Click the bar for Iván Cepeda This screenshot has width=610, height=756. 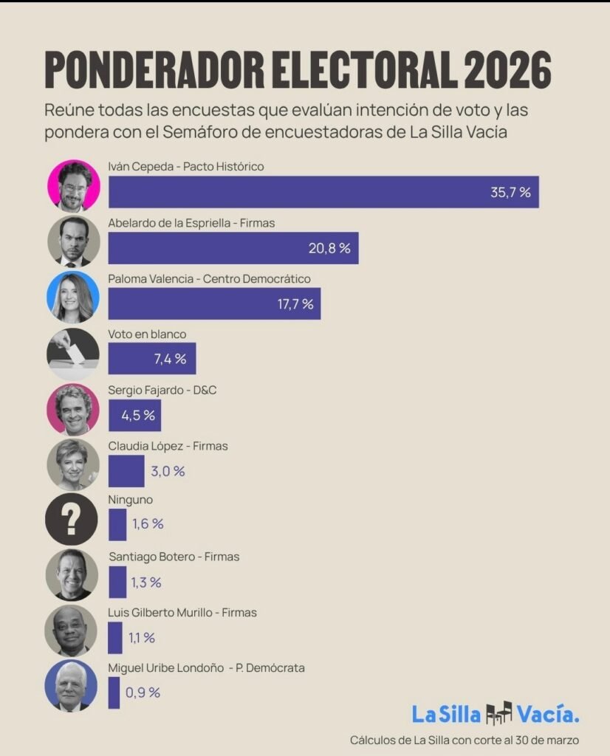click(323, 192)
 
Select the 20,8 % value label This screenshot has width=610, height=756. click(329, 248)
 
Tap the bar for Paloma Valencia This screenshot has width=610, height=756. click(214, 303)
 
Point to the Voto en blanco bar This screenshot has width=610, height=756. click(151, 359)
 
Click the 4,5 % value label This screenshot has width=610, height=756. click(138, 415)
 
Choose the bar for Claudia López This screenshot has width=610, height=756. click(126, 470)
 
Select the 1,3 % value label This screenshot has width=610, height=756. click(145, 583)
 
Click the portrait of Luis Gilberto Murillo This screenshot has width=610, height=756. click(72, 630)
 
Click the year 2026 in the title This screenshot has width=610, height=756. click(507, 71)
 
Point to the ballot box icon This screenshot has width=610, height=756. click(72, 353)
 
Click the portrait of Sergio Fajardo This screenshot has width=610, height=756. click(72, 408)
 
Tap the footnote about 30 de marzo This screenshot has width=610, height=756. click(465, 739)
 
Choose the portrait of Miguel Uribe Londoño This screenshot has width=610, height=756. click(72, 686)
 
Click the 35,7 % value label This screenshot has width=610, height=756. click(510, 193)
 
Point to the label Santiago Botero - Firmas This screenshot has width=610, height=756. click(174, 557)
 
